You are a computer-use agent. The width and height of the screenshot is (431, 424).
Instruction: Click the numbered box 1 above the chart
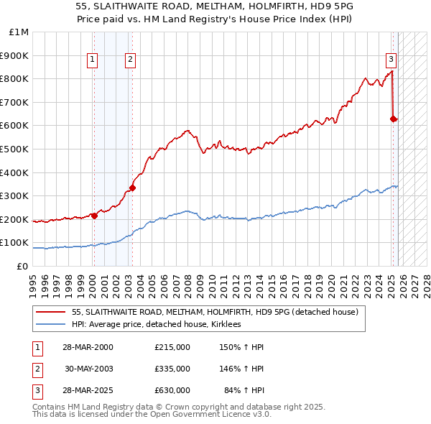[93, 60]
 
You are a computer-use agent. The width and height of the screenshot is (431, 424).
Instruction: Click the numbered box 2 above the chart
[131, 60]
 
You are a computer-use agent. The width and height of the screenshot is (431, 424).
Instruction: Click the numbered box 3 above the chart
[391, 60]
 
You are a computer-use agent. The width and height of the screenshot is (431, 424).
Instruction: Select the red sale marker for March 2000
[94, 215]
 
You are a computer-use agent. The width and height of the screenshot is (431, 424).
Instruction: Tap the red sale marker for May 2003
[132, 188]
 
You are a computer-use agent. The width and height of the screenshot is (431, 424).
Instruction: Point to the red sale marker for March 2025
[394, 119]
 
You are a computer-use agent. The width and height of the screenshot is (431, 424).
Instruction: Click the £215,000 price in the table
[172, 347]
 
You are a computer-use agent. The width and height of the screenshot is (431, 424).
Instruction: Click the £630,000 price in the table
[172, 390]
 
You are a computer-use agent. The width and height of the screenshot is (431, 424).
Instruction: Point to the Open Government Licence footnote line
[152, 414]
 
